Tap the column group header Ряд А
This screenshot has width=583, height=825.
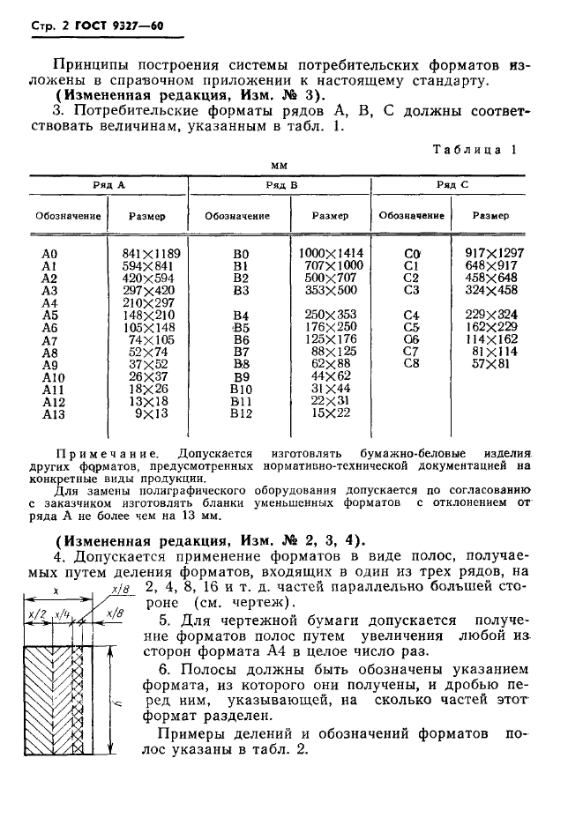[108, 185]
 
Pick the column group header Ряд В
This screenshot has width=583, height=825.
[281, 185]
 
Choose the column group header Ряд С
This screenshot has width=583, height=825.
[452, 185]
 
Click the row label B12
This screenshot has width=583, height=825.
[241, 412]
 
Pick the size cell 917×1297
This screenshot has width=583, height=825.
[494, 253]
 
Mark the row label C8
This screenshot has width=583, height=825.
[409, 363]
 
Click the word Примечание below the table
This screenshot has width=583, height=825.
[106, 453]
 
